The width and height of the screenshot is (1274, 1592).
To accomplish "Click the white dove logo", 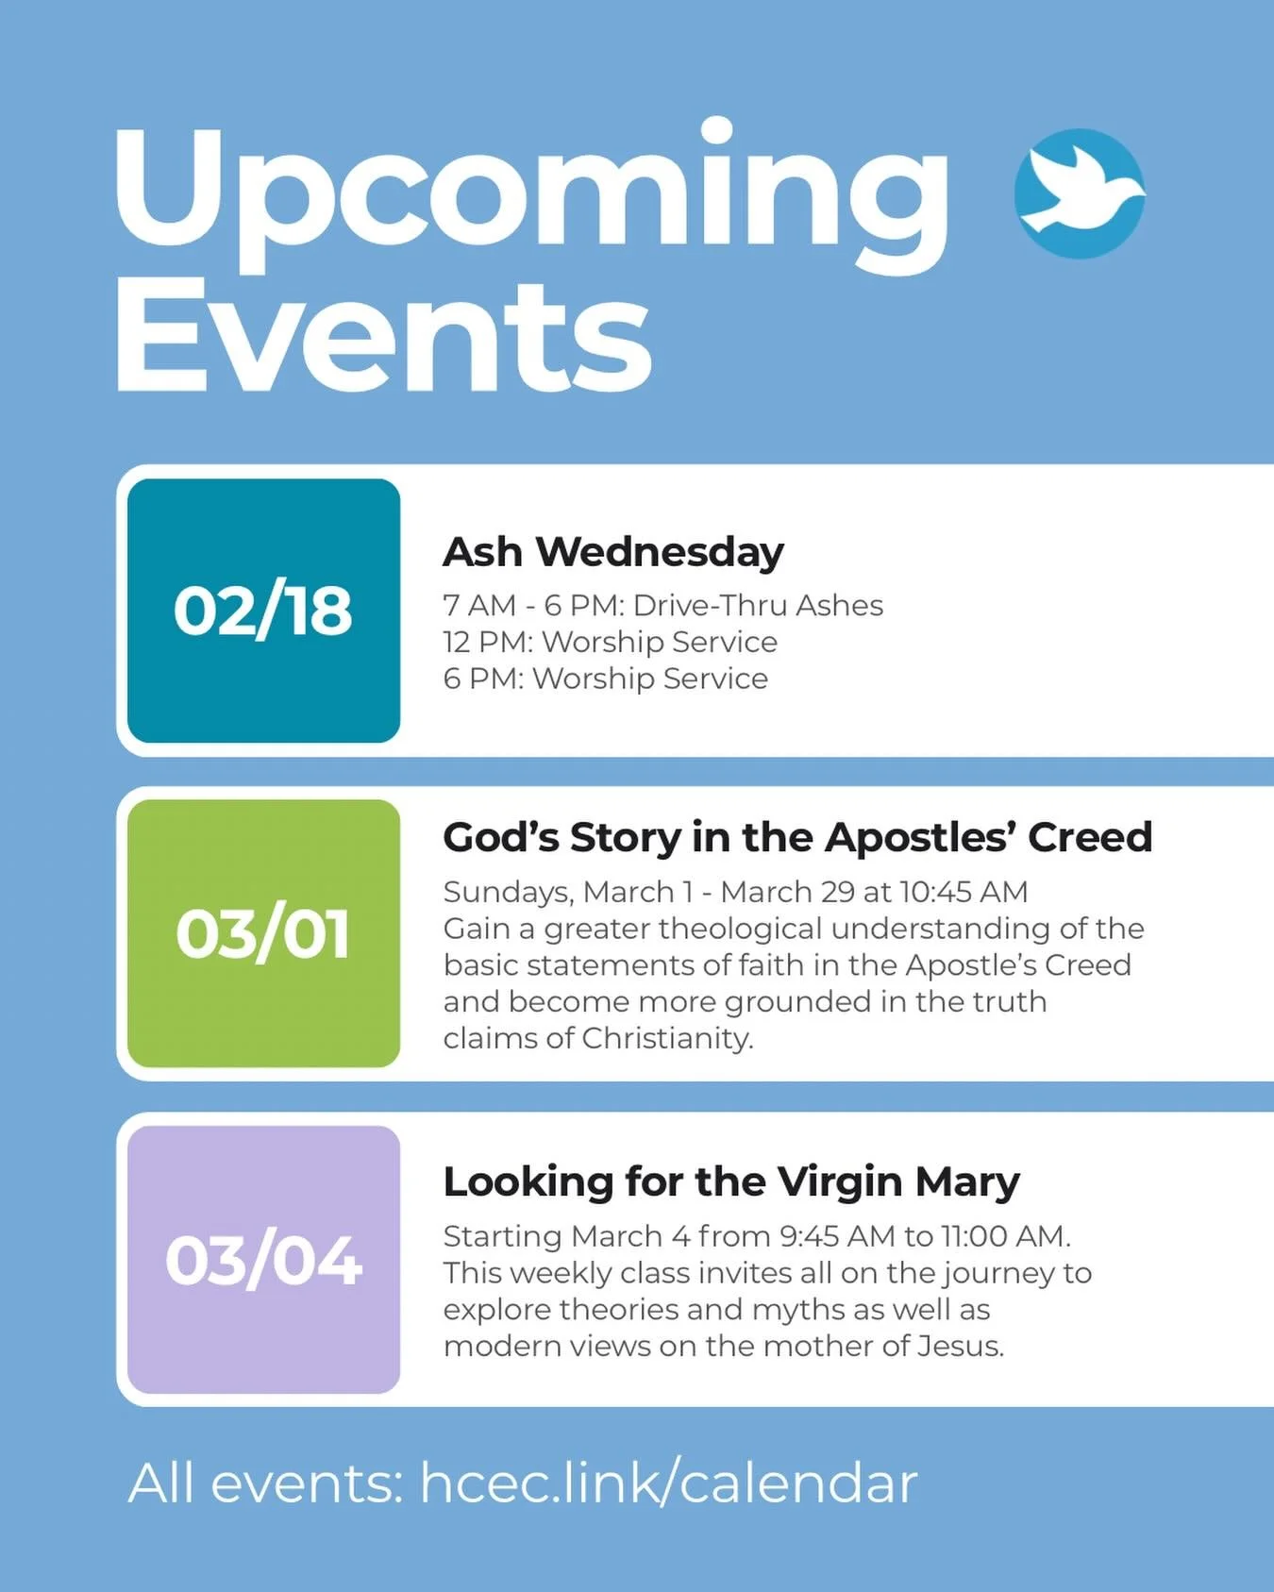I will (1080, 193).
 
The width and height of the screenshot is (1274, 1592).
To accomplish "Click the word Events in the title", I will (383, 337).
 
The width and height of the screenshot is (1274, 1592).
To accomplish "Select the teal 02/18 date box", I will (263, 611).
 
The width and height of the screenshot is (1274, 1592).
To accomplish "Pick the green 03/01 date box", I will (263, 933).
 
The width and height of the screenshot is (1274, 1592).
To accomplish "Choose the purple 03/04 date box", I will (263, 1260).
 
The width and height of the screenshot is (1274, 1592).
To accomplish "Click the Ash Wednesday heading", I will (613, 552).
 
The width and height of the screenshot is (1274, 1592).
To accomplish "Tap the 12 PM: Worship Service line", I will (611, 642).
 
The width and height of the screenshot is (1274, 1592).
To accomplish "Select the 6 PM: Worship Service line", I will (606, 679).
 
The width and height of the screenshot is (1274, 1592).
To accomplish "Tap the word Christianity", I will (667, 1038).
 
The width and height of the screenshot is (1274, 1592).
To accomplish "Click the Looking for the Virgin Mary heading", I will (731, 1181).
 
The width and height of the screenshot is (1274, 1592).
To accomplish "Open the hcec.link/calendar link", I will (668, 1483).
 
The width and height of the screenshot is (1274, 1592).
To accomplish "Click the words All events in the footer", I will (265, 1483).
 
